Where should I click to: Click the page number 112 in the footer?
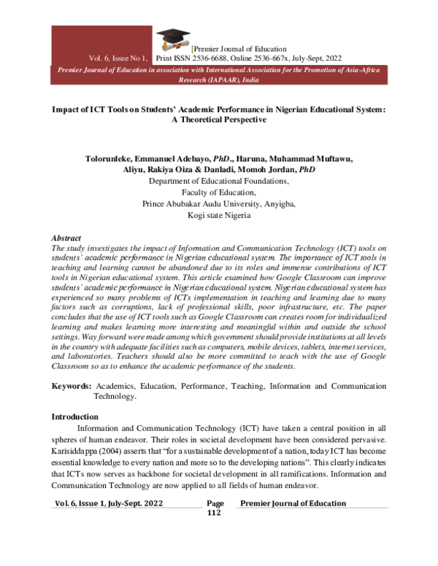(x=214, y=513)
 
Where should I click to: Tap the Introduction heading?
(x=77, y=416)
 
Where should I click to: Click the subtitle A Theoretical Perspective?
(x=218, y=120)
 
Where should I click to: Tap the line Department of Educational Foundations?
(x=218, y=181)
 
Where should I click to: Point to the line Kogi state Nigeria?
(x=218, y=216)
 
